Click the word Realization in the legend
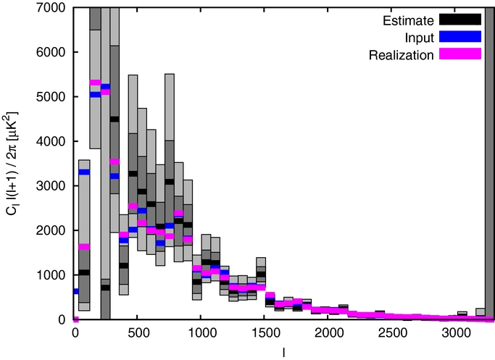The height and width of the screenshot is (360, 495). point(409,54)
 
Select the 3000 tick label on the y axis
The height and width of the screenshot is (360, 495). point(57,186)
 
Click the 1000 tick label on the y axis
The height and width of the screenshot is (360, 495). point(57,275)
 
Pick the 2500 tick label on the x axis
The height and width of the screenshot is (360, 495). point(392,332)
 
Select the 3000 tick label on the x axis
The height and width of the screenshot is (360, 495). point(455,332)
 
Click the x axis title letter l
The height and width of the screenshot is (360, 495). point(285,351)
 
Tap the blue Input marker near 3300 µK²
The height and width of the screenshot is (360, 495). point(84,172)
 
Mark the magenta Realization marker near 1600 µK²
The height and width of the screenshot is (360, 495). point(84,247)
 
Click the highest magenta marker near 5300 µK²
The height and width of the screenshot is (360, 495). point(95,83)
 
